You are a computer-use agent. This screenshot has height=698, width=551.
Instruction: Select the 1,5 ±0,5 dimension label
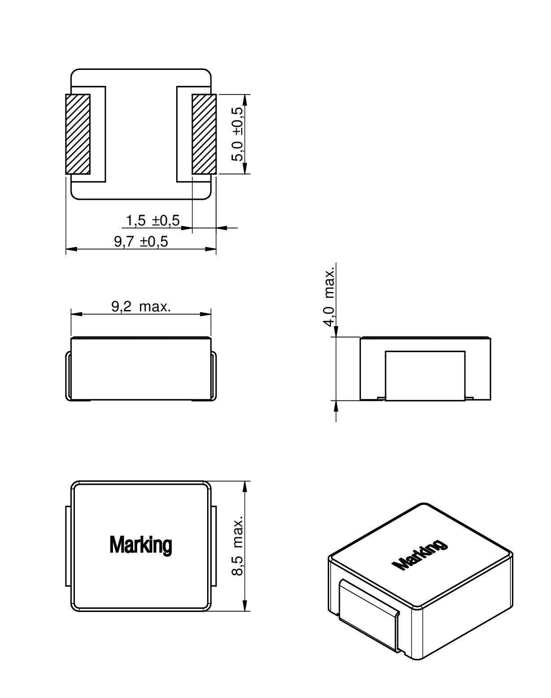[x=152, y=220]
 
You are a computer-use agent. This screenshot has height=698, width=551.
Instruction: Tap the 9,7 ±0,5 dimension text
[x=141, y=242]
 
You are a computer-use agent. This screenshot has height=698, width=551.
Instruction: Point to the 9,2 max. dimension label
[x=141, y=307]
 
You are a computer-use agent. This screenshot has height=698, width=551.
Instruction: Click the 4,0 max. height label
[x=330, y=297]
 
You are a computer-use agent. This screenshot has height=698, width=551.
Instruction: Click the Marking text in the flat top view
[x=140, y=545]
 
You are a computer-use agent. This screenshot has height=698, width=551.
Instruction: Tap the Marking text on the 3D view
[x=419, y=556]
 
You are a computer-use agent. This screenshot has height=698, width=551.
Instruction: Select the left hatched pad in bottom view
[x=78, y=134]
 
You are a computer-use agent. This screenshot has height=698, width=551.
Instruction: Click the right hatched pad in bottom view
[x=204, y=134]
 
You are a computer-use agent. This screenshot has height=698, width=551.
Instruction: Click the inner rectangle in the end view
[x=425, y=375]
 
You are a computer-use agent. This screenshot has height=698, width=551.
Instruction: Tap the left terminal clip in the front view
[x=68, y=375]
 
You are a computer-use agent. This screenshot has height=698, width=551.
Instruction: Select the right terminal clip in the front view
[x=214, y=375]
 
